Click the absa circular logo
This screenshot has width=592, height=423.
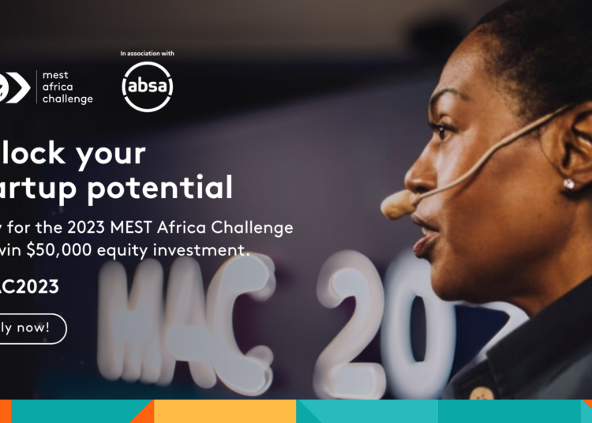tap(148, 86)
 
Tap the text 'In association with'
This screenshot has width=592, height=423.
tap(148, 54)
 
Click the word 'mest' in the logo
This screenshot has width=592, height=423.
tap(55, 76)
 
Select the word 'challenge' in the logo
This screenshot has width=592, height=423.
tap(68, 99)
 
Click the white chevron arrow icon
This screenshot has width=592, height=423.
tap(17, 87)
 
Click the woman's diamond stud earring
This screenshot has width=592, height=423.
tap(568, 184)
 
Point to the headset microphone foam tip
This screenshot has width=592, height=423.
tap(396, 204)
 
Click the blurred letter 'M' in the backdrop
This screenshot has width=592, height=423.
tap(134, 316)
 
